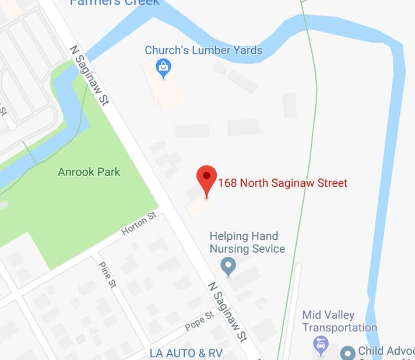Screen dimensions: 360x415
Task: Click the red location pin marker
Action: coord(206,177)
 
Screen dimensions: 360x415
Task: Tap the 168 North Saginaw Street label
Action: coord(283,183)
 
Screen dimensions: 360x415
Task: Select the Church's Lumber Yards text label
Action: coord(203,50)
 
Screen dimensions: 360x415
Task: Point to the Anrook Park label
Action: coord(89,172)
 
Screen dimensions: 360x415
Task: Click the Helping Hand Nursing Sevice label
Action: coord(247,243)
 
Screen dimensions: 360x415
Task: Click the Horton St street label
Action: coord(139,223)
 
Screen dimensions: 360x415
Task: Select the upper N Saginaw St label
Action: coord(89,76)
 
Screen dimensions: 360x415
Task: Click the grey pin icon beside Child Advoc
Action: coord(348,352)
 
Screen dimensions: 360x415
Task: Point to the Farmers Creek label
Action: coord(114,2)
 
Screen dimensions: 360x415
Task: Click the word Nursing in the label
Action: coord(231,249)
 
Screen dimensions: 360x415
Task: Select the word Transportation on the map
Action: coord(339,328)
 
